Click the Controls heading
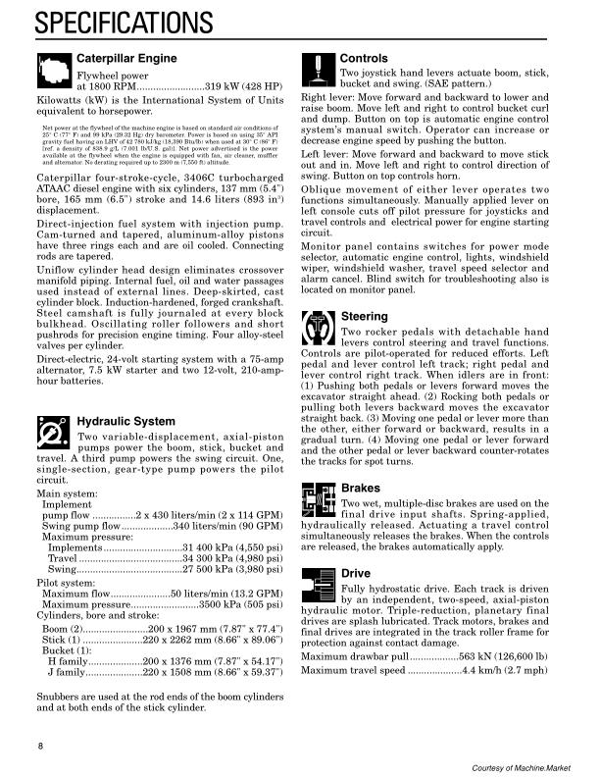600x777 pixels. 364,59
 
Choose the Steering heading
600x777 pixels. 366,317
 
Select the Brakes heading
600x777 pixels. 360,488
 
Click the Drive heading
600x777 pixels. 356,573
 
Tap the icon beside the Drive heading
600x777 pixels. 318,584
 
